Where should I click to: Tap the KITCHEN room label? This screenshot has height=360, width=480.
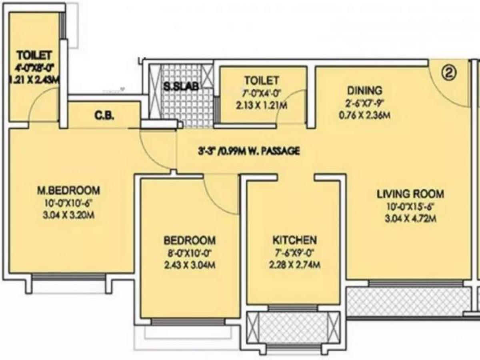point(295,240)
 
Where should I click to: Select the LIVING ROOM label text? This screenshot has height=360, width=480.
point(410,194)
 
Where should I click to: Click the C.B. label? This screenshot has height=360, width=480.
point(105,116)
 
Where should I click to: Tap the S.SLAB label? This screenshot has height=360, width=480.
point(181,86)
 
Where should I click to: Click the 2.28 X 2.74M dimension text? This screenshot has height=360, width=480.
point(295,265)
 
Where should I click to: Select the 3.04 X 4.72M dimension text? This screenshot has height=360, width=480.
point(410,218)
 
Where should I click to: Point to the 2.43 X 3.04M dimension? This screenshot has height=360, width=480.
point(190,265)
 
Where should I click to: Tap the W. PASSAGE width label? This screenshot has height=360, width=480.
point(249,151)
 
